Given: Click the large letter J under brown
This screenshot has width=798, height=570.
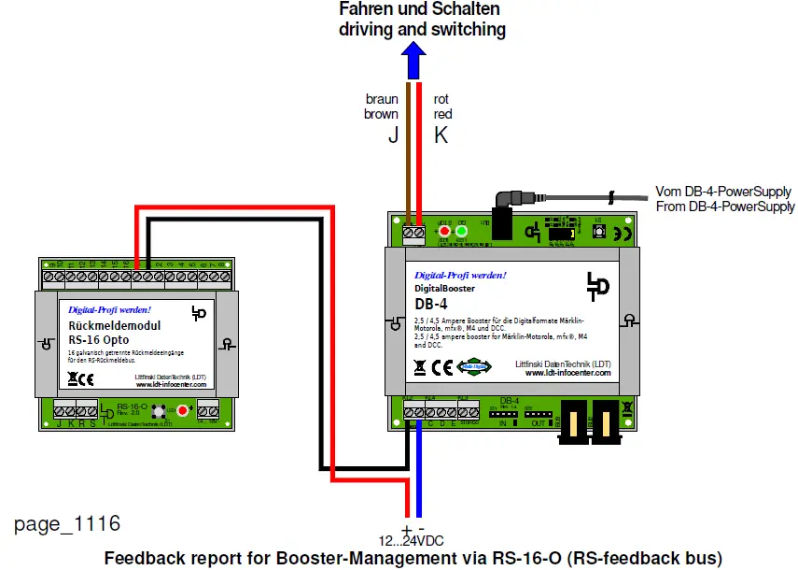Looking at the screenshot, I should point(393,135).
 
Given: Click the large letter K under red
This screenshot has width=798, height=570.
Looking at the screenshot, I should point(441,135).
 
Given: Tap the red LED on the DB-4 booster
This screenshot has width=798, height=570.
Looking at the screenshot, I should point(445,232).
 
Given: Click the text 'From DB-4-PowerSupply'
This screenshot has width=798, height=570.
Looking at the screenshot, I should point(725,207).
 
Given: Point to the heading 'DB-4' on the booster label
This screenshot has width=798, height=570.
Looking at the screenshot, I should point(428,303).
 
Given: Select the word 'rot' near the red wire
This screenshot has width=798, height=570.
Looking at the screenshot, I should point(442,99).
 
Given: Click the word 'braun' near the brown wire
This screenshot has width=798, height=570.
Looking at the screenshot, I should point(382,99).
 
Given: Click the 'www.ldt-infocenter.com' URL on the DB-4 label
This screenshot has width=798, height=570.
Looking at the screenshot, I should point(567,373).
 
